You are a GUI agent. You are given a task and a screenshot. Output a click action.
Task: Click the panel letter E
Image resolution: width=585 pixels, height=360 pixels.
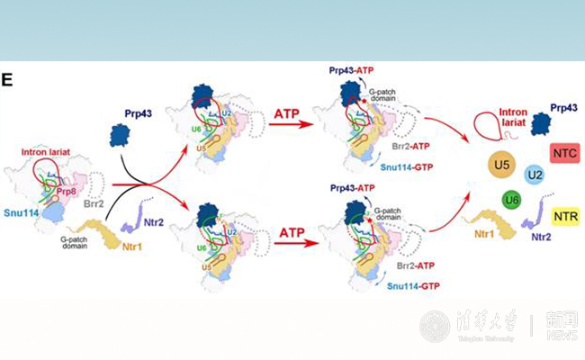[x=7, y=80]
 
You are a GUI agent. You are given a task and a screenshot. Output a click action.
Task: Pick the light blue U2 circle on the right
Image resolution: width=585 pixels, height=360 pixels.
[x=534, y=172]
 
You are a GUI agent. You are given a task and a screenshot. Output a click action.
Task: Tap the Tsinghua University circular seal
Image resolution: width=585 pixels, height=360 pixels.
[x=436, y=326]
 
